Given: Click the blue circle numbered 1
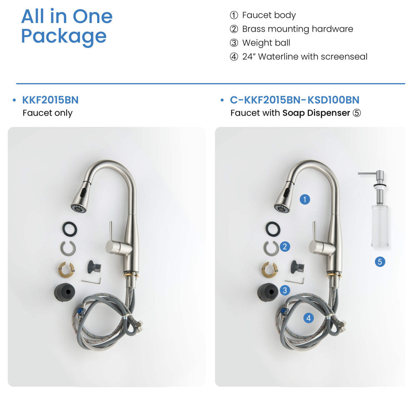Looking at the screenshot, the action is click(305, 199).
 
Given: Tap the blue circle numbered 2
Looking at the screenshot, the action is click(285, 246).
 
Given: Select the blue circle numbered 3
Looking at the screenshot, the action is click(285, 290).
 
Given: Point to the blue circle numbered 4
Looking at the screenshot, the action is click(308, 318).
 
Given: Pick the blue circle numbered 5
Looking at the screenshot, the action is click(380, 261).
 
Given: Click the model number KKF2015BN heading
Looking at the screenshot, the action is click(50, 100).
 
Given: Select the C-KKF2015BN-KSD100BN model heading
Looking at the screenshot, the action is click(295, 100).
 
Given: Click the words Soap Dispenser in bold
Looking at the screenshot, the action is click(316, 113).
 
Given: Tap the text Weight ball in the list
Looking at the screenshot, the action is click(266, 43).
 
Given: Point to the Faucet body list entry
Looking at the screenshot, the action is click(269, 15).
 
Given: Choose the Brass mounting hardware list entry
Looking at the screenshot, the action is click(297, 29).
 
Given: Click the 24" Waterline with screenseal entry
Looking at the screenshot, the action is click(305, 56).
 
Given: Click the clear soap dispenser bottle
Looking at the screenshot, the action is click(380, 226).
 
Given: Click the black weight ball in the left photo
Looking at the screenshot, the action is click(65, 291).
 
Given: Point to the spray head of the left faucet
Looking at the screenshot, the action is click(81, 197).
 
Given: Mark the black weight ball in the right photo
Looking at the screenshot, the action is click(267, 291).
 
